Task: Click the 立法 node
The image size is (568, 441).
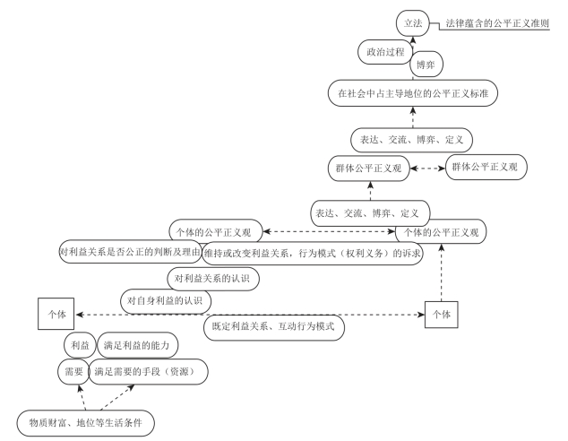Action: tap(413, 23)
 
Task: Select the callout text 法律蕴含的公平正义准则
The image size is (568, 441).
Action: tap(497, 23)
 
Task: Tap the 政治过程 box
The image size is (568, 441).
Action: tap(385, 52)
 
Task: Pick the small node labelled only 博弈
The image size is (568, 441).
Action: tap(426, 65)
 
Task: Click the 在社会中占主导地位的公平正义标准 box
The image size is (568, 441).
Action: tap(413, 93)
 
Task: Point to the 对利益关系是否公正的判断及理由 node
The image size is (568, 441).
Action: tap(131, 252)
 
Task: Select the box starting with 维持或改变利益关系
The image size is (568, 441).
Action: tap(313, 254)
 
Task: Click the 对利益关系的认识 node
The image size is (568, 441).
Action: tap(213, 279)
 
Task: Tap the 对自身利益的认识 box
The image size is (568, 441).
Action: tap(166, 301)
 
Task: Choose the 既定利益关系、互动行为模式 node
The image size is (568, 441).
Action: tap(273, 327)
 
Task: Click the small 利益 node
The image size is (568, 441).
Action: tap(80, 345)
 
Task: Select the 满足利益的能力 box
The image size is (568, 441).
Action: tap(138, 345)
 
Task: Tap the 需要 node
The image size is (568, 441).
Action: tap(73, 371)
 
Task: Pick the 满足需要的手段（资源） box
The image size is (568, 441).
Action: tap(148, 371)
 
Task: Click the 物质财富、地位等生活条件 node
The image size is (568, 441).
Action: tap(85, 423)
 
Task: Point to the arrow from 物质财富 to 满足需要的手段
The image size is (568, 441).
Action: tap(117, 397)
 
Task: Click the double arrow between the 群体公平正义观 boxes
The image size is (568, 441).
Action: tap(427, 169)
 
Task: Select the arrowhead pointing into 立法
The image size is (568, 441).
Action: tap(413, 39)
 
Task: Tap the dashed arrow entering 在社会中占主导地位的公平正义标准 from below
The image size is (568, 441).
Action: tap(413, 117)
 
